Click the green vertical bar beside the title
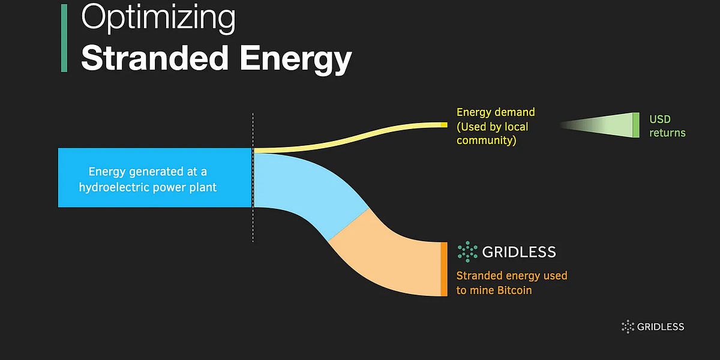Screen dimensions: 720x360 point(64,39)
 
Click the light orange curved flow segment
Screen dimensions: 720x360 point(390,264)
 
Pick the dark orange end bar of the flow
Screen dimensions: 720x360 point(444,269)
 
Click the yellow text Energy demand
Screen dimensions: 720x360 point(496,112)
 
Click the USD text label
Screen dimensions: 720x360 point(660,119)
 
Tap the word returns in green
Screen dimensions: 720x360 point(667,133)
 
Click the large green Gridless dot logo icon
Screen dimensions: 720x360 point(467,252)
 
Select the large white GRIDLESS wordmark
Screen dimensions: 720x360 point(519,252)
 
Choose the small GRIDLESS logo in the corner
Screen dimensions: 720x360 point(653,327)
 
